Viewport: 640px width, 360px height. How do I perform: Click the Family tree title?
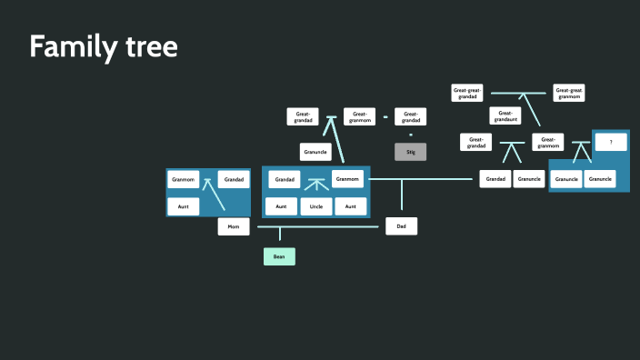pos(103,46)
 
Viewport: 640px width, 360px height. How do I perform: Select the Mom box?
pos(233,226)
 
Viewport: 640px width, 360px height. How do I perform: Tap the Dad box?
pos(401,226)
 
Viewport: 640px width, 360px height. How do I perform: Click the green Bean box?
pos(279,256)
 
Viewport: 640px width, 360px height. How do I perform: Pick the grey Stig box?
pos(410,152)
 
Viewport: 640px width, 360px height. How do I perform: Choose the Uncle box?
pos(315,206)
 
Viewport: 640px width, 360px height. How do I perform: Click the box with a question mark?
pos(611,143)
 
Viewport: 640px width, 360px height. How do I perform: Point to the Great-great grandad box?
pos(467,93)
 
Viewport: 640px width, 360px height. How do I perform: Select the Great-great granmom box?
pos(568,93)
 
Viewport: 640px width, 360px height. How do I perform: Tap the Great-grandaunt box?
pos(505,116)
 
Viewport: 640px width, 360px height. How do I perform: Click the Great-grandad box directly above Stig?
pos(410,116)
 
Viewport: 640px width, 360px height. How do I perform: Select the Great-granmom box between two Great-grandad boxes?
pos(359,116)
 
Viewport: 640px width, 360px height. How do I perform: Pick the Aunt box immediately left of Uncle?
pos(281,206)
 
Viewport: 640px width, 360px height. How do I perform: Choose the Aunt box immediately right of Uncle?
pos(350,206)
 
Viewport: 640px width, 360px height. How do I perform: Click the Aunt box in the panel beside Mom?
pos(183,206)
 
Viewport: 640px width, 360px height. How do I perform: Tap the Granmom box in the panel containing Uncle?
pos(347,179)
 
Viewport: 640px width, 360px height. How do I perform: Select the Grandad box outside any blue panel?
pos(495,179)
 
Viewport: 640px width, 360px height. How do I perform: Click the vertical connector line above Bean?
pos(279,235)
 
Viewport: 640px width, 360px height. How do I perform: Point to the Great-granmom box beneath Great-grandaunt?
pos(547,142)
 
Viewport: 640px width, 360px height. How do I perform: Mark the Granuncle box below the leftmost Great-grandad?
pos(315,152)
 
